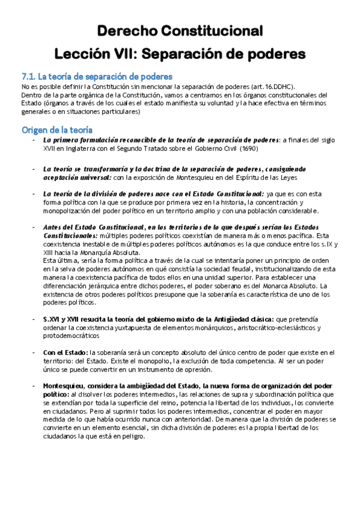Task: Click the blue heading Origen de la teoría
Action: (57, 129)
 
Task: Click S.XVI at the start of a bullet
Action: (55, 319)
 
